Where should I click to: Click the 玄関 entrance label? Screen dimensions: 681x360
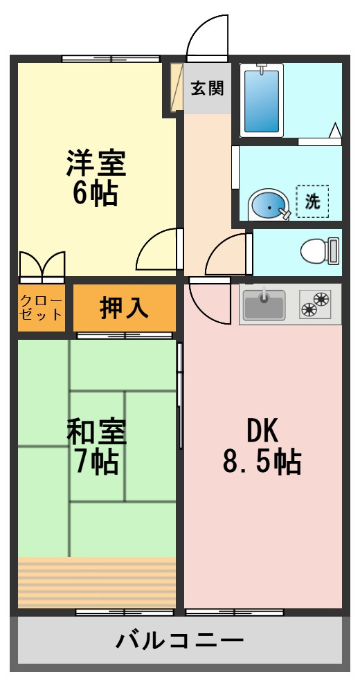207,89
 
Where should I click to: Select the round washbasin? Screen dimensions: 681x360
268,206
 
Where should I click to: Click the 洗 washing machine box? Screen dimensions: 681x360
313,201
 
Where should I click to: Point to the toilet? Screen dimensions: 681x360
320,250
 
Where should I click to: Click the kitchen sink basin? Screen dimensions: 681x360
263,305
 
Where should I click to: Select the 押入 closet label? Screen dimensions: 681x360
124,308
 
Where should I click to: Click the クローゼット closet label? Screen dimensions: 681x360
42,308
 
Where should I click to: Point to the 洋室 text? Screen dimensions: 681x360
96,163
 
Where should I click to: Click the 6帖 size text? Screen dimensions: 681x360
96,194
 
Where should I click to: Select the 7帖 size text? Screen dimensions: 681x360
96,462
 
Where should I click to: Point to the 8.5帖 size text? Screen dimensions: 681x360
262,462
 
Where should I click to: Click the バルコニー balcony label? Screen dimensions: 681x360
179,639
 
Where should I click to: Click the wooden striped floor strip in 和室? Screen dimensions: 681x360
96,581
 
